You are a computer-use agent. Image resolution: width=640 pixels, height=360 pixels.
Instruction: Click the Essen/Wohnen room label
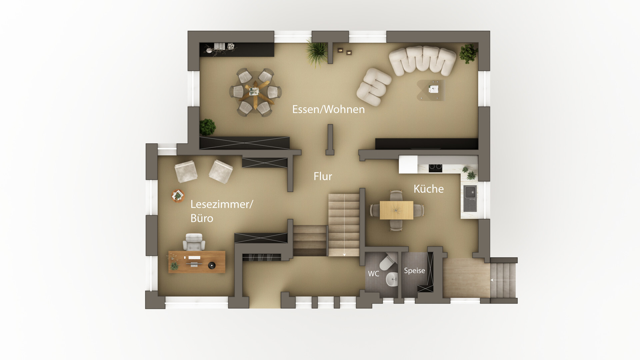click(x=328, y=109)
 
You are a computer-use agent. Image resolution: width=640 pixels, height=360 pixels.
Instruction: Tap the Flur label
click(x=323, y=176)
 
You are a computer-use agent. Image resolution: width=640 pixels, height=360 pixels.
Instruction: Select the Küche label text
click(x=429, y=189)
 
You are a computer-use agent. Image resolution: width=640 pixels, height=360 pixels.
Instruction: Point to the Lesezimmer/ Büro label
click(x=222, y=211)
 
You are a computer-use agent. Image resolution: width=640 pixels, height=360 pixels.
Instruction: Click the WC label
click(x=373, y=274)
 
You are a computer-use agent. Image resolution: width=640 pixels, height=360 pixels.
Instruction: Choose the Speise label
click(x=414, y=271)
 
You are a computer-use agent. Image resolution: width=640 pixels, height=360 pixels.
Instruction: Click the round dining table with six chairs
click(x=256, y=92)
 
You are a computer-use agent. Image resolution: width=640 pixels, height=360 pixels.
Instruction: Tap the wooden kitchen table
click(x=396, y=210)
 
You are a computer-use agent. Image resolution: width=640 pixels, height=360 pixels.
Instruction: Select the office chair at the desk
click(x=194, y=242)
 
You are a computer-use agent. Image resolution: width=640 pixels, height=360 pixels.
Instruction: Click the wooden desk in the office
click(x=197, y=262)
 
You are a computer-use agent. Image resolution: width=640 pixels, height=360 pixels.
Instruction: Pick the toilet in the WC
click(x=388, y=262)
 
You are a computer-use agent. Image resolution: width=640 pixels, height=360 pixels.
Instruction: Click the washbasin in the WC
click(x=392, y=279)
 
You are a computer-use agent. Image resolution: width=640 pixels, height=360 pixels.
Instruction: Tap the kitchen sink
click(x=470, y=199)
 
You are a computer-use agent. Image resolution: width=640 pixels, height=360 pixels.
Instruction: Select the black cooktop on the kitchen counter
click(x=435, y=168)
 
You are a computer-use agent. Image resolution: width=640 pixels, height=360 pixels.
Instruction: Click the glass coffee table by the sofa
click(x=431, y=90)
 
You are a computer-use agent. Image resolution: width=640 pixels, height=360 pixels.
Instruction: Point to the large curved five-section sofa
click(x=422, y=61)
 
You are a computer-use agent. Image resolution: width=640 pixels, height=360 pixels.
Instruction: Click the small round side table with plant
click(x=178, y=196)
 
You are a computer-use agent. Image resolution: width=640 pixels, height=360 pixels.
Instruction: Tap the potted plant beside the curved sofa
click(x=469, y=53)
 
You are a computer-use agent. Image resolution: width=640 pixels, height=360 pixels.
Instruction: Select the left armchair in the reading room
click(x=186, y=171)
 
